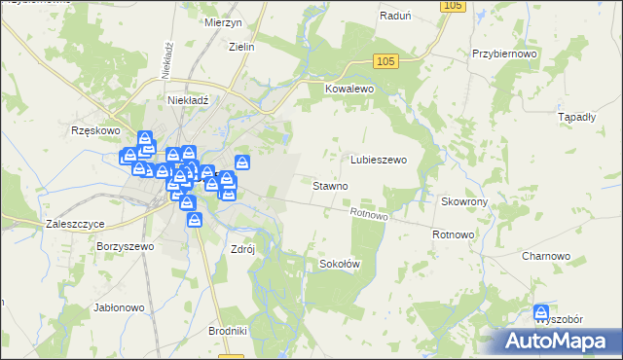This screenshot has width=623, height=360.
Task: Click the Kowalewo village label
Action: (x=348, y=88)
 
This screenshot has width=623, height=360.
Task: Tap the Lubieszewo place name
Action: (x=378, y=159)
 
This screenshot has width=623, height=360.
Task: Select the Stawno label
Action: (x=330, y=185)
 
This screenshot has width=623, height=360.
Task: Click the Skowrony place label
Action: (x=463, y=201)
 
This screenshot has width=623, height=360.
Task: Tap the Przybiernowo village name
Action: (x=504, y=55)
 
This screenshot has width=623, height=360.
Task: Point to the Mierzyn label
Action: (x=223, y=20)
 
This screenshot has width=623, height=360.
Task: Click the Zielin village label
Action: (x=240, y=46)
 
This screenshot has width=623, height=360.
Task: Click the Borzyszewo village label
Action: (x=126, y=247)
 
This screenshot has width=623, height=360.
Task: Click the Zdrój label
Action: (x=242, y=248)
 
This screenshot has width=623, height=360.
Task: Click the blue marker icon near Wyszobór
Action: (x=541, y=312)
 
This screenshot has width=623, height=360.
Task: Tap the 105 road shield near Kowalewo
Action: (x=385, y=61)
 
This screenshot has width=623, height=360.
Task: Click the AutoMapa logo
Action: (x=560, y=341)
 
